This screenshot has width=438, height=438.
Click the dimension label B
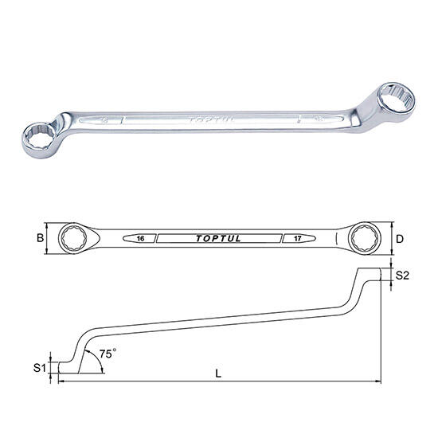click(41, 238)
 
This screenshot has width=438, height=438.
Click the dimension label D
click(400, 239)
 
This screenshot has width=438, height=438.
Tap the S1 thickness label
click(39, 368)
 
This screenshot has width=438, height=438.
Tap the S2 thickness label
click(402, 276)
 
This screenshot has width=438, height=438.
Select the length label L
click(218, 373)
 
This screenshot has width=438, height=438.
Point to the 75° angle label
click(108, 354)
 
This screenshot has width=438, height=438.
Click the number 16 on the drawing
click(141, 238)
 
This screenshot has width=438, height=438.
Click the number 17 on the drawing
click(298, 238)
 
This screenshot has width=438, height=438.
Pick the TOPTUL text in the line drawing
click(218, 238)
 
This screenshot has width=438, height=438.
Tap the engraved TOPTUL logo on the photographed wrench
click(211, 120)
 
